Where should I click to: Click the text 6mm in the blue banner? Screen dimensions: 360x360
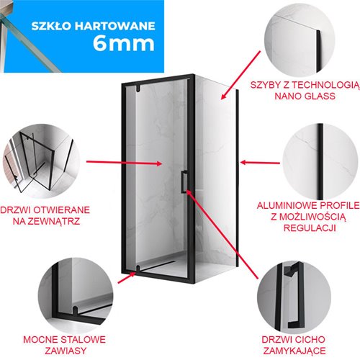[x=124, y=43]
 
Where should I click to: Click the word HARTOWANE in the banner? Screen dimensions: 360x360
[x=114, y=26]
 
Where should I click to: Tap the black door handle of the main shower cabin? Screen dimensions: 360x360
[x=184, y=181]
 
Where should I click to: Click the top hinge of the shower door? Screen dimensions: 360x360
[x=138, y=89]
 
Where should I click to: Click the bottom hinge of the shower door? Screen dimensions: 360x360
[x=138, y=269]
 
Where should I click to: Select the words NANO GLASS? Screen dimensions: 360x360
[x=305, y=96]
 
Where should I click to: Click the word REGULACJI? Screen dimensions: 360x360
[x=310, y=228]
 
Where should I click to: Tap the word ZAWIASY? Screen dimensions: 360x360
[x=66, y=351]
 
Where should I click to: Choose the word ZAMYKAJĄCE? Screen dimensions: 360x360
[x=294, y=351]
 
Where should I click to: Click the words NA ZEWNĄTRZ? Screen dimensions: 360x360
[x=46, y=221]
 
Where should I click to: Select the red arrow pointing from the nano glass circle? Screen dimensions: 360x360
[x=240, y=75]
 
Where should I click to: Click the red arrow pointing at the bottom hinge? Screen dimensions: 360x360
[x=127, y=278]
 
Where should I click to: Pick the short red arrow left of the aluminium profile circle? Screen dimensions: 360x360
[x=260, y=163]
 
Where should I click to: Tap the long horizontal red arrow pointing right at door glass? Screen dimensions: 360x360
[x=124, y=163]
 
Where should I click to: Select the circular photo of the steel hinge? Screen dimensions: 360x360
[x=76, y=295]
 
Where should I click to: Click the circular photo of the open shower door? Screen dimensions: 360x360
[x=41, y=161]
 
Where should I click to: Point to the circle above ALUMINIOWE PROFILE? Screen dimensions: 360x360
[x=320, y=162]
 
